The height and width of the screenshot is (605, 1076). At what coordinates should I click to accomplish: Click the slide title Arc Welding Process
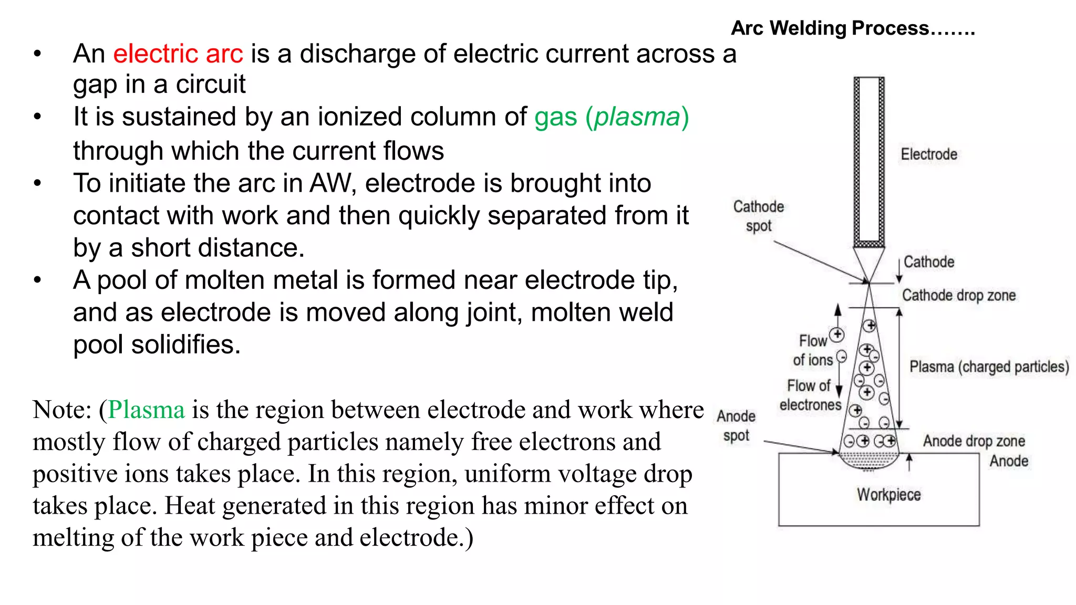(x=852, y=28)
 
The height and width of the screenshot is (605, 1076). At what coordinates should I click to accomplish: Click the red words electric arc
(x=178, y=54)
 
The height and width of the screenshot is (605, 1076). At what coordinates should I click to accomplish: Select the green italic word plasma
(x=637, y=117)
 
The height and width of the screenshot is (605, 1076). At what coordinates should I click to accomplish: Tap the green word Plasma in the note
(x=147, y=410)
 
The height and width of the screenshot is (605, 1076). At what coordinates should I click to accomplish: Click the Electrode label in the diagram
(x=928, y=154)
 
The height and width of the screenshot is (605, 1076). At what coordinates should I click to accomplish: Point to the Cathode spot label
(x=758, y=216)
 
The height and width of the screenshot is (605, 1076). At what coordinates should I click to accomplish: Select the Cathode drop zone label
(x=958, y=295)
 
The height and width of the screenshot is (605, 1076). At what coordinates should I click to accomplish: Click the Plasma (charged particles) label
(x=989, y=367)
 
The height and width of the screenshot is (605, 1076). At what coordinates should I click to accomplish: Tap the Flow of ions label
(x=813, y=350)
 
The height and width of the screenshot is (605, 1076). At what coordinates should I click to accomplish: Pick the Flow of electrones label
(x=810, y=395)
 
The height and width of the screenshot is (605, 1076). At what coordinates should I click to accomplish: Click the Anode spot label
(x=736, y=425)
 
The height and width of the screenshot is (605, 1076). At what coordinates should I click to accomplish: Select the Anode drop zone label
(x=974, y=441)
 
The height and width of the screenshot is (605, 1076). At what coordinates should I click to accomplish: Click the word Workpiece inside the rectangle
(x=888, y=495)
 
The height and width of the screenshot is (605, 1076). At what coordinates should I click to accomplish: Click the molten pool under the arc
(x=868, y=461)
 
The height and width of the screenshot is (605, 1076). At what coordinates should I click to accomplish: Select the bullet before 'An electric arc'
(x=37, y=54)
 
